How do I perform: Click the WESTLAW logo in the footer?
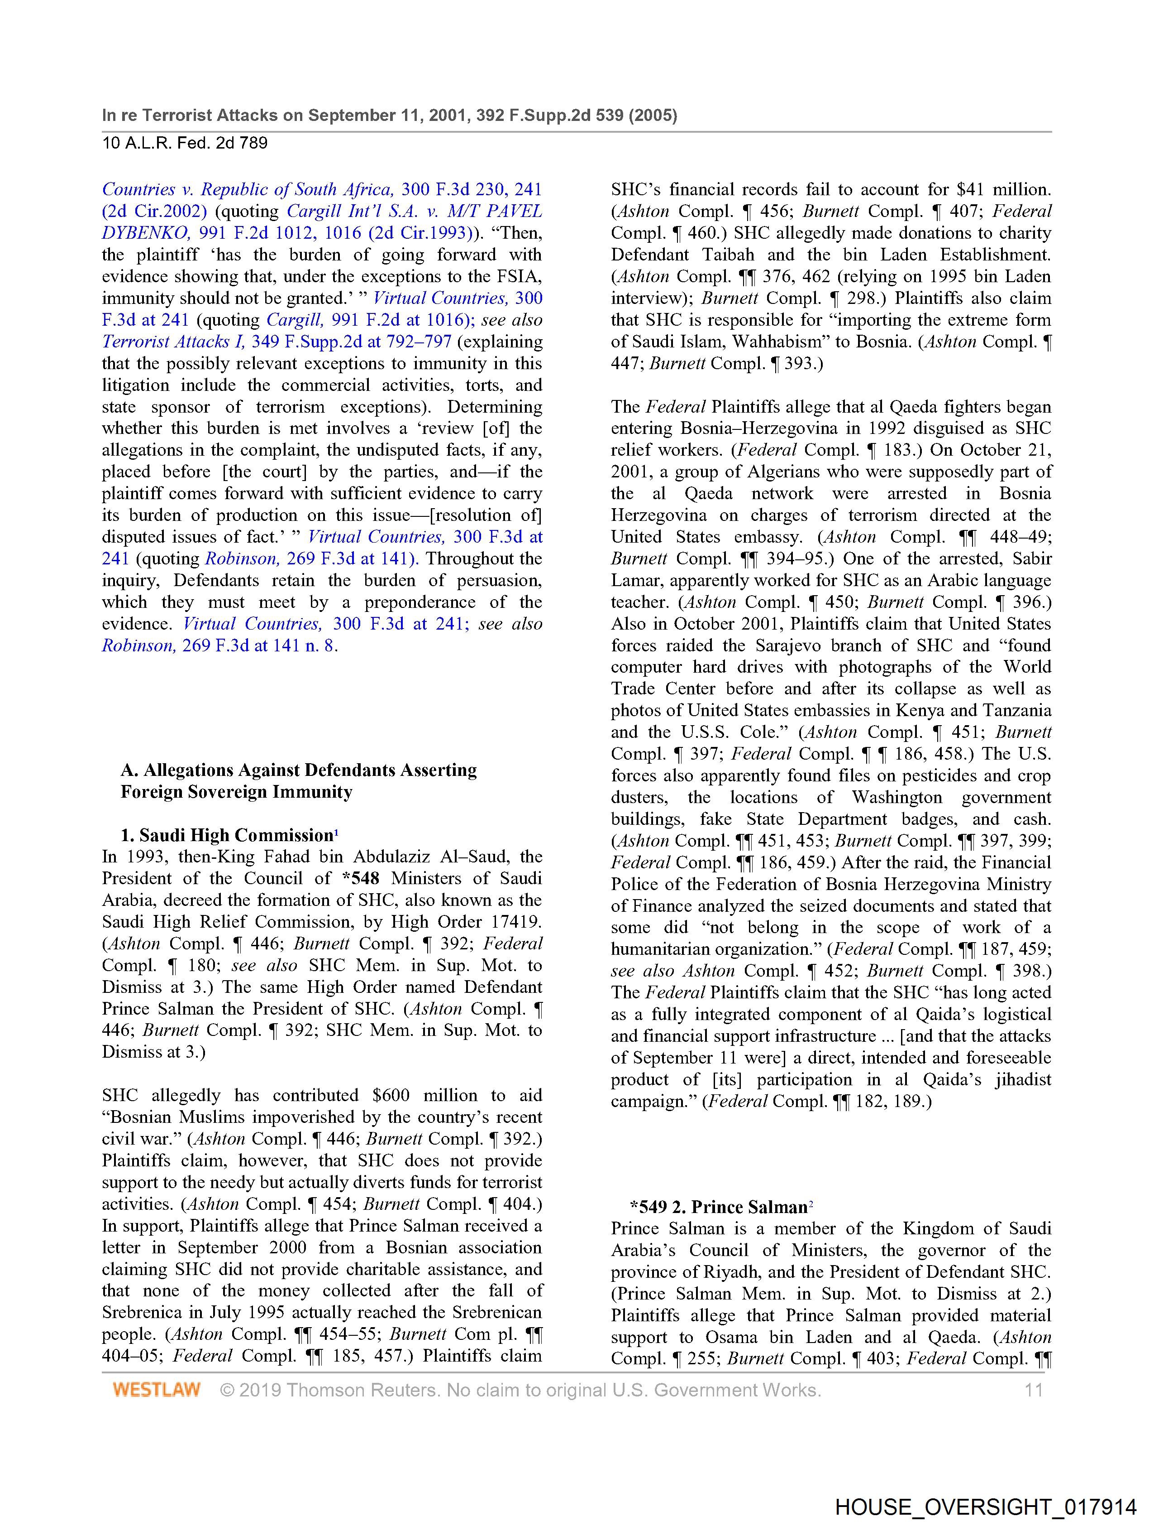tap(157, 1389)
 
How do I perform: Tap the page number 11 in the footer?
tap(1033, 1389)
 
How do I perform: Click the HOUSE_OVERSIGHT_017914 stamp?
tap(985, 1507)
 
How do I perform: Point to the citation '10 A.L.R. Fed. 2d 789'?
tap(185, 144)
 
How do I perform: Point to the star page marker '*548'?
tap(361, 878)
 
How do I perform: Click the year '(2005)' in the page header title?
tap(652, 115)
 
